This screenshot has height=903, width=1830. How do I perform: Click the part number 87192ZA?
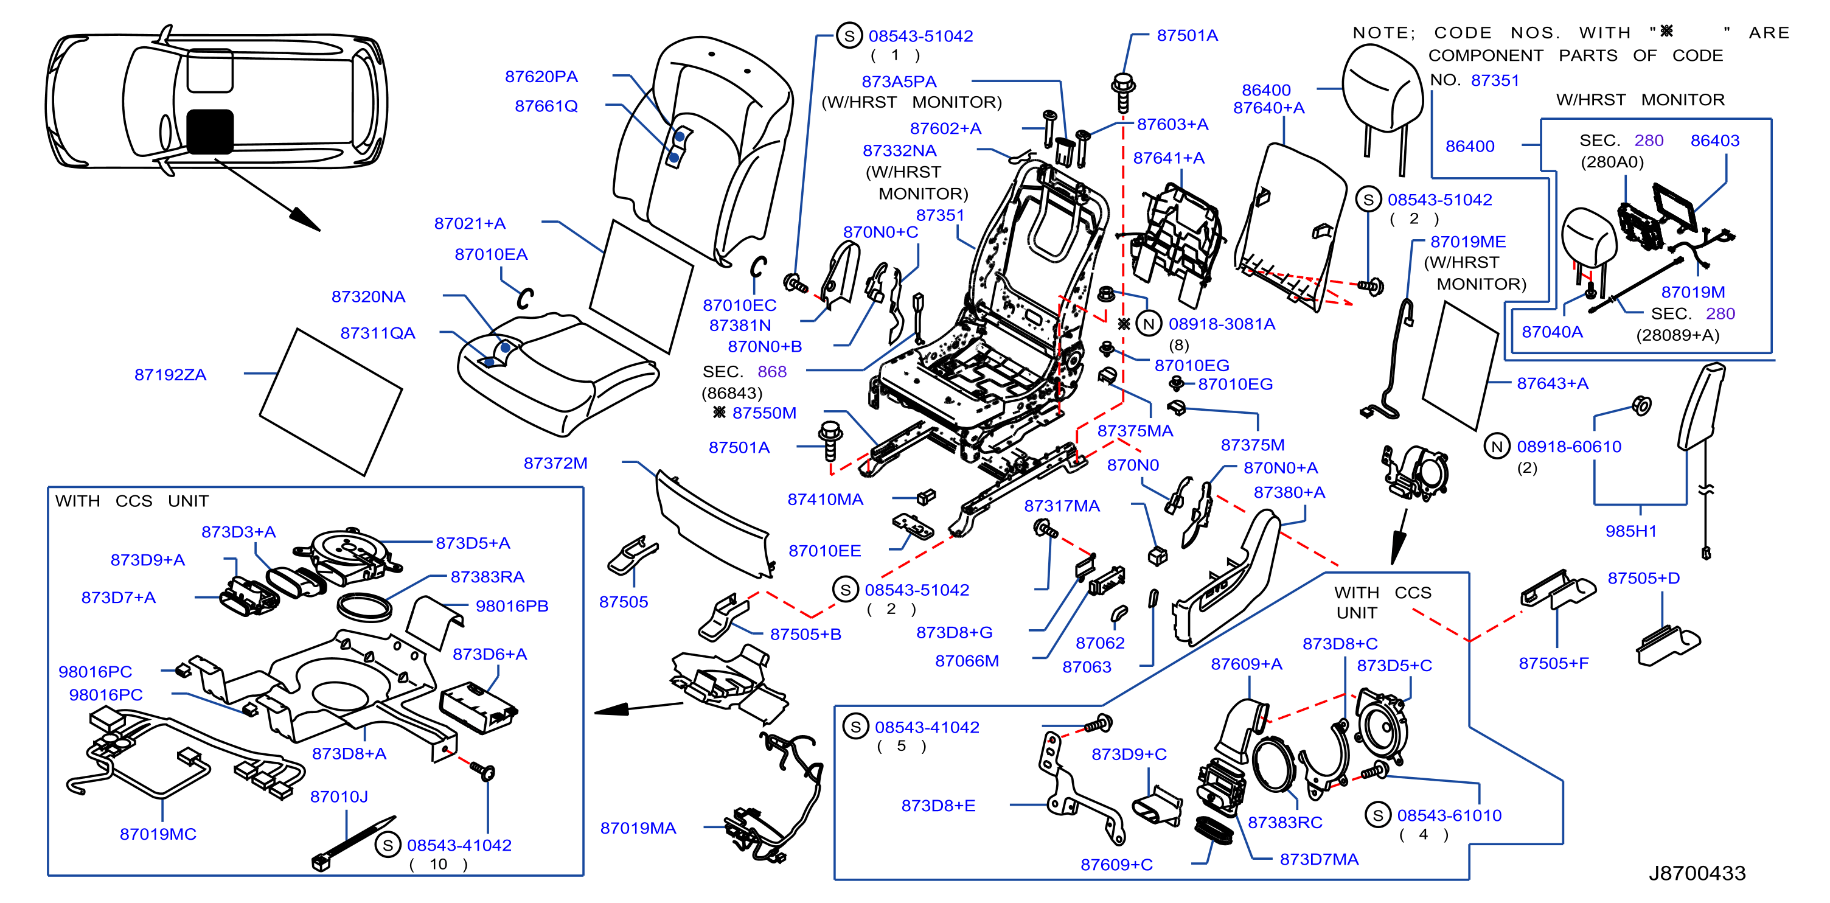pyautogui.click(x=170, y=374)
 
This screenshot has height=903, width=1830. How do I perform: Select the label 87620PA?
pyautogui.click(x=541, y=76)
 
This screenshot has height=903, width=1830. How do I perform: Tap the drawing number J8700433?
pyautogui.click(x=1697, y=873)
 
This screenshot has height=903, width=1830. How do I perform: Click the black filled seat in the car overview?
pyautogui.click(x=209, y=131)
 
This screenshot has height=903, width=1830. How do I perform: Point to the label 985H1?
pyautogui.click(x=1631, y=531)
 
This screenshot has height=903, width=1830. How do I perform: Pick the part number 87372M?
pyautogui.click(x=555, y=463)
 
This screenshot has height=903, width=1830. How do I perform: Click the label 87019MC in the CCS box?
pyautogui.click(x=158, y=834)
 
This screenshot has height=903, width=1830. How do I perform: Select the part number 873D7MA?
pyautogui.click(x=1319, y=859)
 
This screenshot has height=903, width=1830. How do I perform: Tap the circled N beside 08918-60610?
pyautogui.click(x=1497, y=446)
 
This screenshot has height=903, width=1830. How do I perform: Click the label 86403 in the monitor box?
pyautogui.click(x=1715, y=141)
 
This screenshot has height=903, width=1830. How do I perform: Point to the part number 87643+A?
pyautogui.click(x=1553, y=383)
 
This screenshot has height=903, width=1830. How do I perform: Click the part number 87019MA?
pyautogui.click(x=638, y=828)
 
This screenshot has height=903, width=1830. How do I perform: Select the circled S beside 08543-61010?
pyautogui.click(x=1378, y=815)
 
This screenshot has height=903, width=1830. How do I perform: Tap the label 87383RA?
pyautogui.click(x=487, y=577)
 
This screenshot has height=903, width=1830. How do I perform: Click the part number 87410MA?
pyautogui.click(x=826, y=500)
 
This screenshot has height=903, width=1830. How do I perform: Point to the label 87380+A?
pyautogui.click(x=1289, y=492)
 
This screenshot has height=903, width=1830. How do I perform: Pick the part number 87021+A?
pyautogui.click(x=470, y=223)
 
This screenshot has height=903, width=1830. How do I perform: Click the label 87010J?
pyautogui.click(x=339, y=797)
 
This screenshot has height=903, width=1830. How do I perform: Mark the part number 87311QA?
pyautogui.click(x=377, y=333)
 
